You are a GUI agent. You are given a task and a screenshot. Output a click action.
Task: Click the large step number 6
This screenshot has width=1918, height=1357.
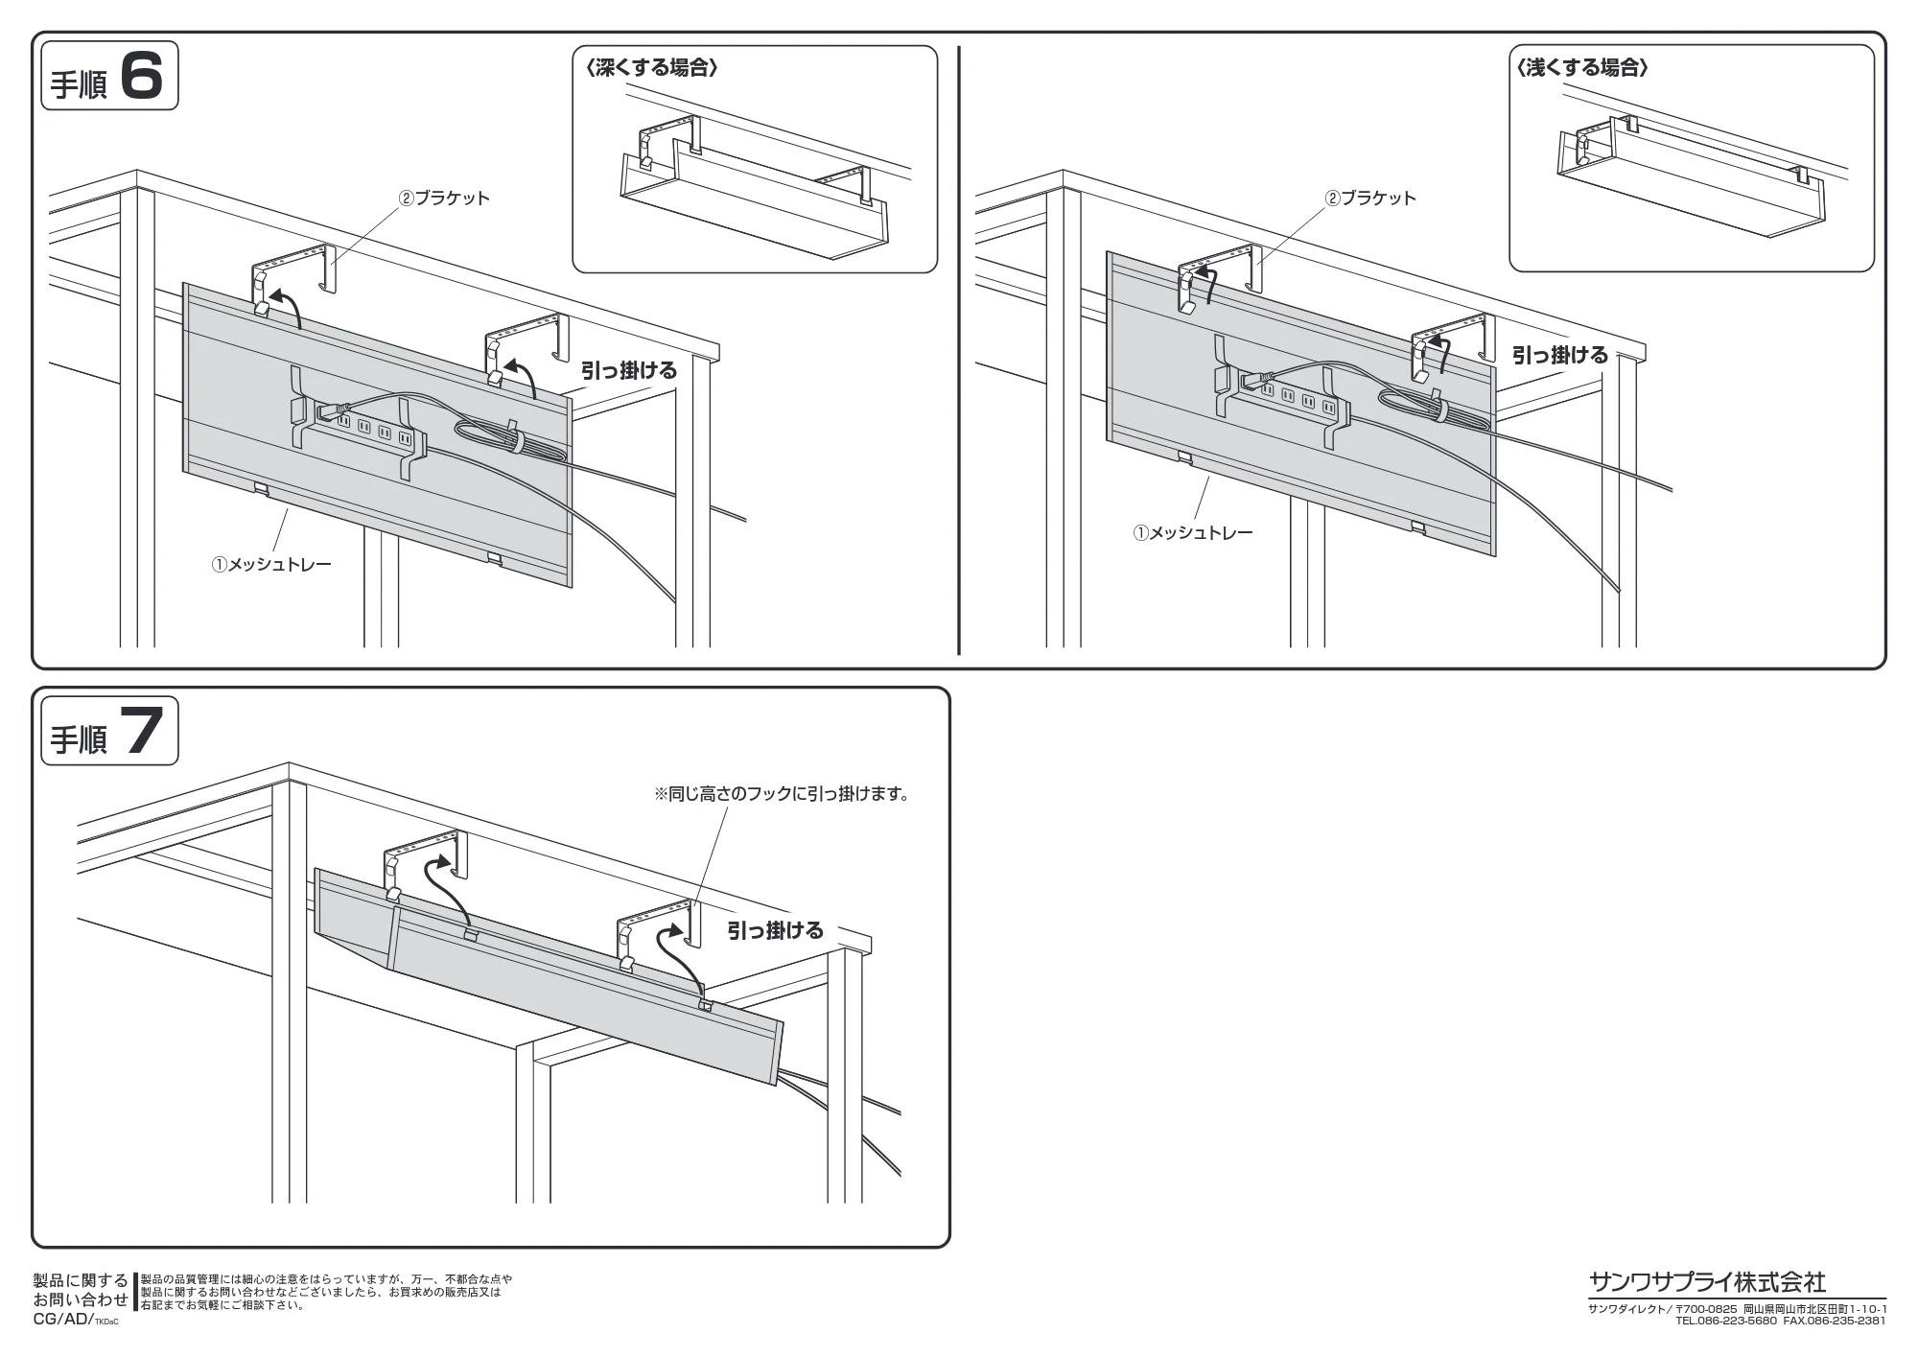142,76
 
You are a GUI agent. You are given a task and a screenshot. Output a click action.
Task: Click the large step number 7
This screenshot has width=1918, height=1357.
142,731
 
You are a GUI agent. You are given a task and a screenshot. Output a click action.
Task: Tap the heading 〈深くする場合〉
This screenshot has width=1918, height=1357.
652,68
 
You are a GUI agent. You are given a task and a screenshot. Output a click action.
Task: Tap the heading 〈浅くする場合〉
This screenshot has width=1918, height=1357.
1582,68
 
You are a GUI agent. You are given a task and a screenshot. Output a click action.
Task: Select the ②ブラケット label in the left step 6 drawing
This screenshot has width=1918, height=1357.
445,199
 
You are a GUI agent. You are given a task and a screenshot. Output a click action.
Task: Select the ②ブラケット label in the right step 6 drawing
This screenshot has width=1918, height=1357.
1370,199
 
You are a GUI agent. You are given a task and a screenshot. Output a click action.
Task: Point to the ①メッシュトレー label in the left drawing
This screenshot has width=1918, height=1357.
271,564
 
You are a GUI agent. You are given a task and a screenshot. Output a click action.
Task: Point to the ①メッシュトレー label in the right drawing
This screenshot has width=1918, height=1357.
1193,532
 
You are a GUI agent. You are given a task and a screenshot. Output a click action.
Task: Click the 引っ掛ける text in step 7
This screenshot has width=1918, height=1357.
775,930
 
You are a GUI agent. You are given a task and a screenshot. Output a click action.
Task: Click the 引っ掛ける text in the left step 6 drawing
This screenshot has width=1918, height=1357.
629,370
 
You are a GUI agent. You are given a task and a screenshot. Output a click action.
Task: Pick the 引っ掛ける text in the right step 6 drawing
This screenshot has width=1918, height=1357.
1560,355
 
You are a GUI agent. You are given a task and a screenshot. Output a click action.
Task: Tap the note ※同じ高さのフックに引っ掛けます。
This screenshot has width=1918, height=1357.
782,794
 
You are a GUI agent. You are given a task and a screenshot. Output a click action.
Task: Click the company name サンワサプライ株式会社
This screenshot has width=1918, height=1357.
1708,1281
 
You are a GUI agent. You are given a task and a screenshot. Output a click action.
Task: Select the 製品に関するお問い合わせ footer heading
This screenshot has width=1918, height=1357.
81,1290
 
